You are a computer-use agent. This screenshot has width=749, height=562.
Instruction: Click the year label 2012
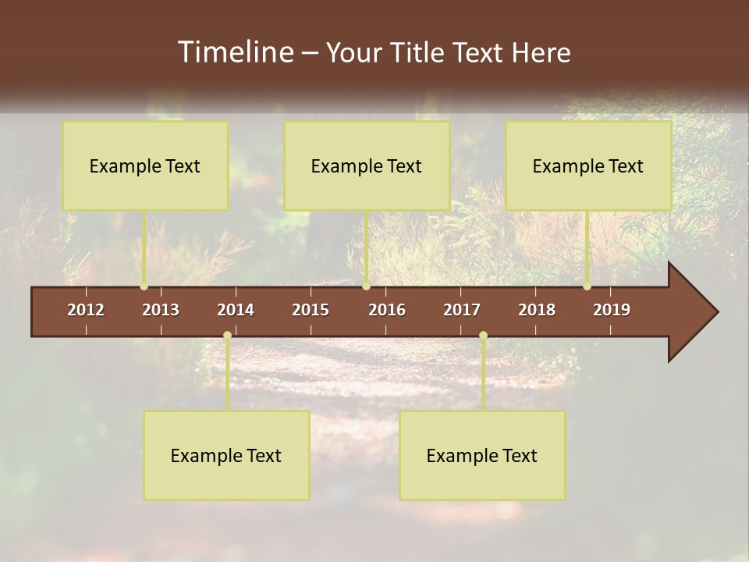tap(86, 310)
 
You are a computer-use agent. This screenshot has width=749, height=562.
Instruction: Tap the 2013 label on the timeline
tap(161, 310)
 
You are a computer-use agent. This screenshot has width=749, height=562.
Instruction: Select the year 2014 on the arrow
tap(236, 310)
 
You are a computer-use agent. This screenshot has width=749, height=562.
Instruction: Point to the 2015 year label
tap(311, 310)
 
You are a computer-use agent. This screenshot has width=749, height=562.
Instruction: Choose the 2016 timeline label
tap(387, 310)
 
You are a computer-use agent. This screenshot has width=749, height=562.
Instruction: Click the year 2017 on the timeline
tap(462, 310)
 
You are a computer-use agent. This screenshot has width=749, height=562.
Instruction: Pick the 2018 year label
tap(537, 310)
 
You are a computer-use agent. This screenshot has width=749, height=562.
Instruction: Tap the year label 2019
tap(612, 310)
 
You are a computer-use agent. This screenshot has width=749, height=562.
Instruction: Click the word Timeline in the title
tap(235, 52)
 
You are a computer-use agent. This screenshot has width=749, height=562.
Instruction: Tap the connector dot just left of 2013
tap(144, 286)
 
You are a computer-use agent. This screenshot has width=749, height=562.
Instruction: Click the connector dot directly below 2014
tap(227, 336)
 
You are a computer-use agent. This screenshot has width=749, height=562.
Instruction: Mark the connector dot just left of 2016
tap(366, 286)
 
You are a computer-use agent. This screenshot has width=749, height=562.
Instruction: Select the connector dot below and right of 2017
tap(483, 336)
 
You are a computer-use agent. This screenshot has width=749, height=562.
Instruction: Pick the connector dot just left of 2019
tap(587, 286)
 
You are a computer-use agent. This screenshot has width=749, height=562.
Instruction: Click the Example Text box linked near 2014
tap(226, 455)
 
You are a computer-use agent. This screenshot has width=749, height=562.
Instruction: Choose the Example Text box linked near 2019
tap(588, 165)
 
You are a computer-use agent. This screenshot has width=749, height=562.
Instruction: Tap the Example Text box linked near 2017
tap(482, 455)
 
